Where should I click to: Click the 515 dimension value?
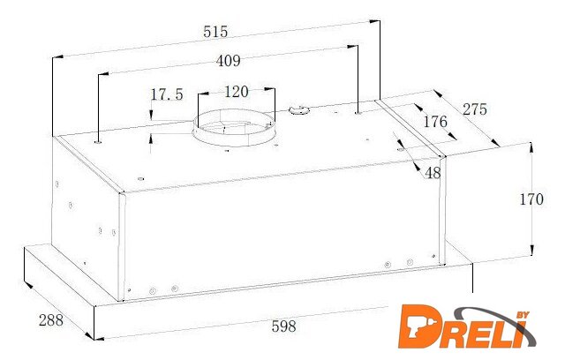[215, 31]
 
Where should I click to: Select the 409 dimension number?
[229, 61]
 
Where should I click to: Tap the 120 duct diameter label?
[237, 92]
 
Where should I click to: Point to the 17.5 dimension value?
[167, 94]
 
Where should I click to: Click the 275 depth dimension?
[475, 109]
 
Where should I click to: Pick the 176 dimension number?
[435, 122]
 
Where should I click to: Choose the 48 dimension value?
[433, 173]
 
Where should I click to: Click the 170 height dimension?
[531, 199]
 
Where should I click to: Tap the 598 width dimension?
[284, 326]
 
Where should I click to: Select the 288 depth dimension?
[51, 320]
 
